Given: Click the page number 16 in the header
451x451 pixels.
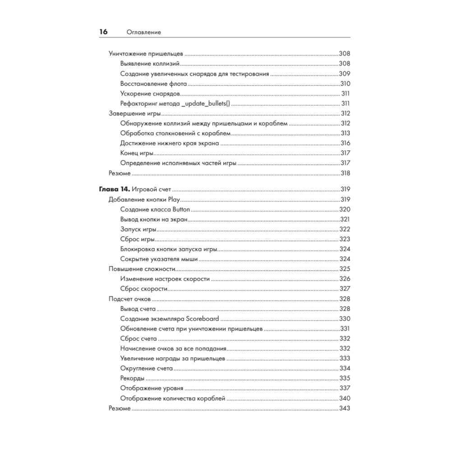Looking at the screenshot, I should (103, 32).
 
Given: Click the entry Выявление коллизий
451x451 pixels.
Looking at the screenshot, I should (150, 64).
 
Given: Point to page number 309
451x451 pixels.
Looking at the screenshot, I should (344, 74).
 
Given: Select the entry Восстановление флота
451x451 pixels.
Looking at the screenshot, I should (154, 83).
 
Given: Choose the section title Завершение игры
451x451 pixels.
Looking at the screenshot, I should (135, 113).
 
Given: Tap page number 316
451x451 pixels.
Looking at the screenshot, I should (345, 143).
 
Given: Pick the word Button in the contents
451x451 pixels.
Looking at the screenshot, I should (180, 210).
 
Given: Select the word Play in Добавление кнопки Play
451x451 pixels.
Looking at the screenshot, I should (174, 200).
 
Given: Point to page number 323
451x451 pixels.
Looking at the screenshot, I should (345, 239).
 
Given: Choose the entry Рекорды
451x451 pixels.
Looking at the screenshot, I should (133, 378).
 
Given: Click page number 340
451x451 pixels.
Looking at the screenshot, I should (345, 398).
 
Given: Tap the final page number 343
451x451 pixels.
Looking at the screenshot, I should (345, 408).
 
